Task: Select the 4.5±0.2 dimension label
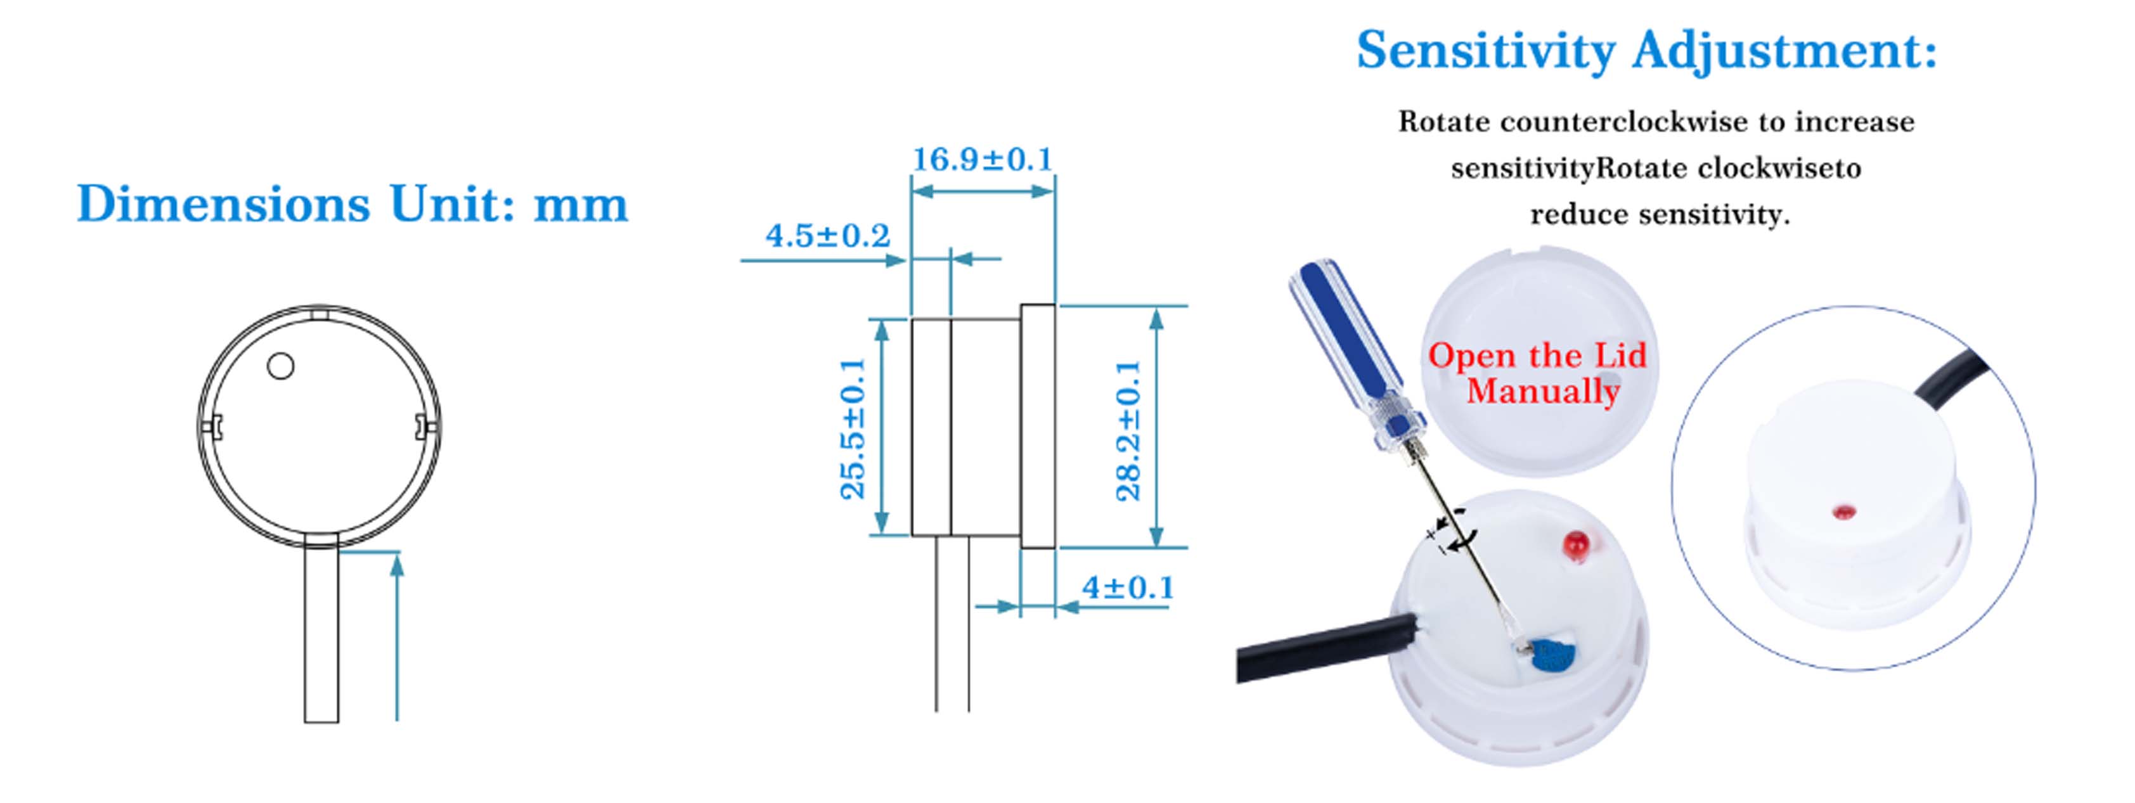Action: click(x=828, y=236)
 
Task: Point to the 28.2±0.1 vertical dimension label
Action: click(x=1129, y=431)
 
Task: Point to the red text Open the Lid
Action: click(x=1537, y=356)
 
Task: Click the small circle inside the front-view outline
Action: click(x=280, y=366)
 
